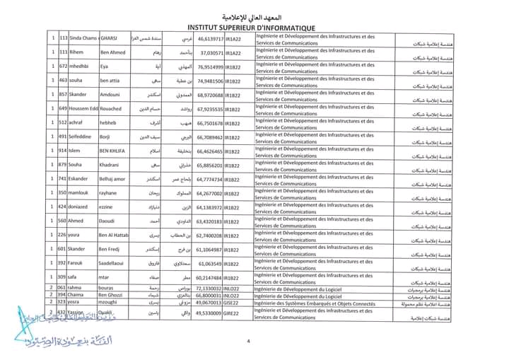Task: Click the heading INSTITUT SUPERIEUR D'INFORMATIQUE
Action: tap(254, 23)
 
